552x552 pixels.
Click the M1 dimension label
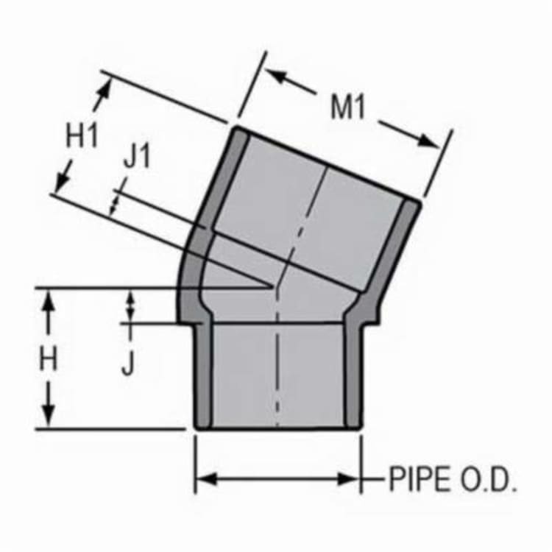pyautogui.click(x=348, y=107)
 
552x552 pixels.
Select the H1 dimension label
pyautogui.click(x=82, y=137)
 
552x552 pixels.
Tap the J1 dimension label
pyautogui.click(x=136, y=158)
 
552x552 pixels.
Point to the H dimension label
pyautogui.click(x=49, y=360)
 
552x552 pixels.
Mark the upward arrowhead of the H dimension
pyautogui.click(x=49, y=298)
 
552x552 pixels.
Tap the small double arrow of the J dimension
pyautogui.click(x=131, y=306)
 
